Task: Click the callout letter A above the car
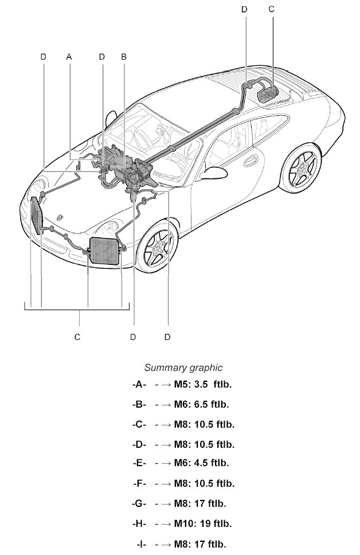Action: tap(69, 57)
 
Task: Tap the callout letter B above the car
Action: tap(123, 57)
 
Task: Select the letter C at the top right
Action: tap(271, 9)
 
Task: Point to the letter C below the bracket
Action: tap(77, 337)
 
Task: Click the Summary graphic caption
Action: tap(183, 368)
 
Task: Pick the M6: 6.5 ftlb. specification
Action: tap(201, 404)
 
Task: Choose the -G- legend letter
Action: tap(139, 503)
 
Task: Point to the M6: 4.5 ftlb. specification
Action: tap(201, 463)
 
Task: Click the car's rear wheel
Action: tap(302, 169)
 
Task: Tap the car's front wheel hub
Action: tap(156, 248)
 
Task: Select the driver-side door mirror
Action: tap(216, 171)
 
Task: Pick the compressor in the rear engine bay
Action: tap(267, 92)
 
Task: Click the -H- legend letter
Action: tap(139, 523)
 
